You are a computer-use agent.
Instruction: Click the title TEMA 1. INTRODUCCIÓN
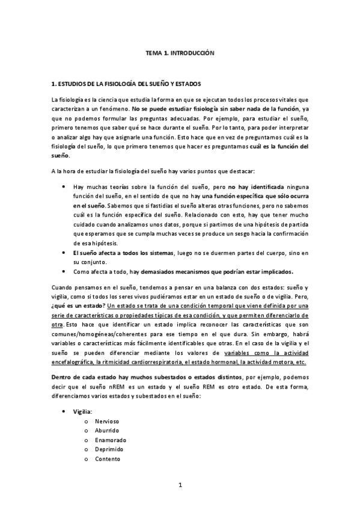point(180,53)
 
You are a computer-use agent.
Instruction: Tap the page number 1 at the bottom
point(180,485)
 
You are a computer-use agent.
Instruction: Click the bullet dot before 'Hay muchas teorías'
point(64,186)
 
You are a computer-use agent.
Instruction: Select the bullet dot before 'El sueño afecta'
point(64,253)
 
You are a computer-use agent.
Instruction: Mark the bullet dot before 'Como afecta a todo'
point(64,271)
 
